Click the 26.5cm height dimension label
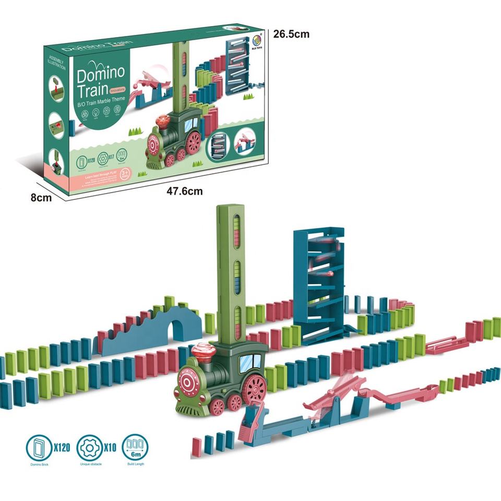tap(291, 34)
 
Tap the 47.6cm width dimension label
tap(184, 191)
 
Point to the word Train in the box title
tap(92, 90)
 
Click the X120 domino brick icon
tap(40, 447)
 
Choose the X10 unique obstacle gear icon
tap(89, 447)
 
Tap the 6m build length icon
tap(135, 447)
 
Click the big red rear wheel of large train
tap(255, 389)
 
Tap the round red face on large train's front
tap(188, 380)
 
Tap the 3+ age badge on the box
tap(125, 173)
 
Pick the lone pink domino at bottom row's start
tap(196, 446)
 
